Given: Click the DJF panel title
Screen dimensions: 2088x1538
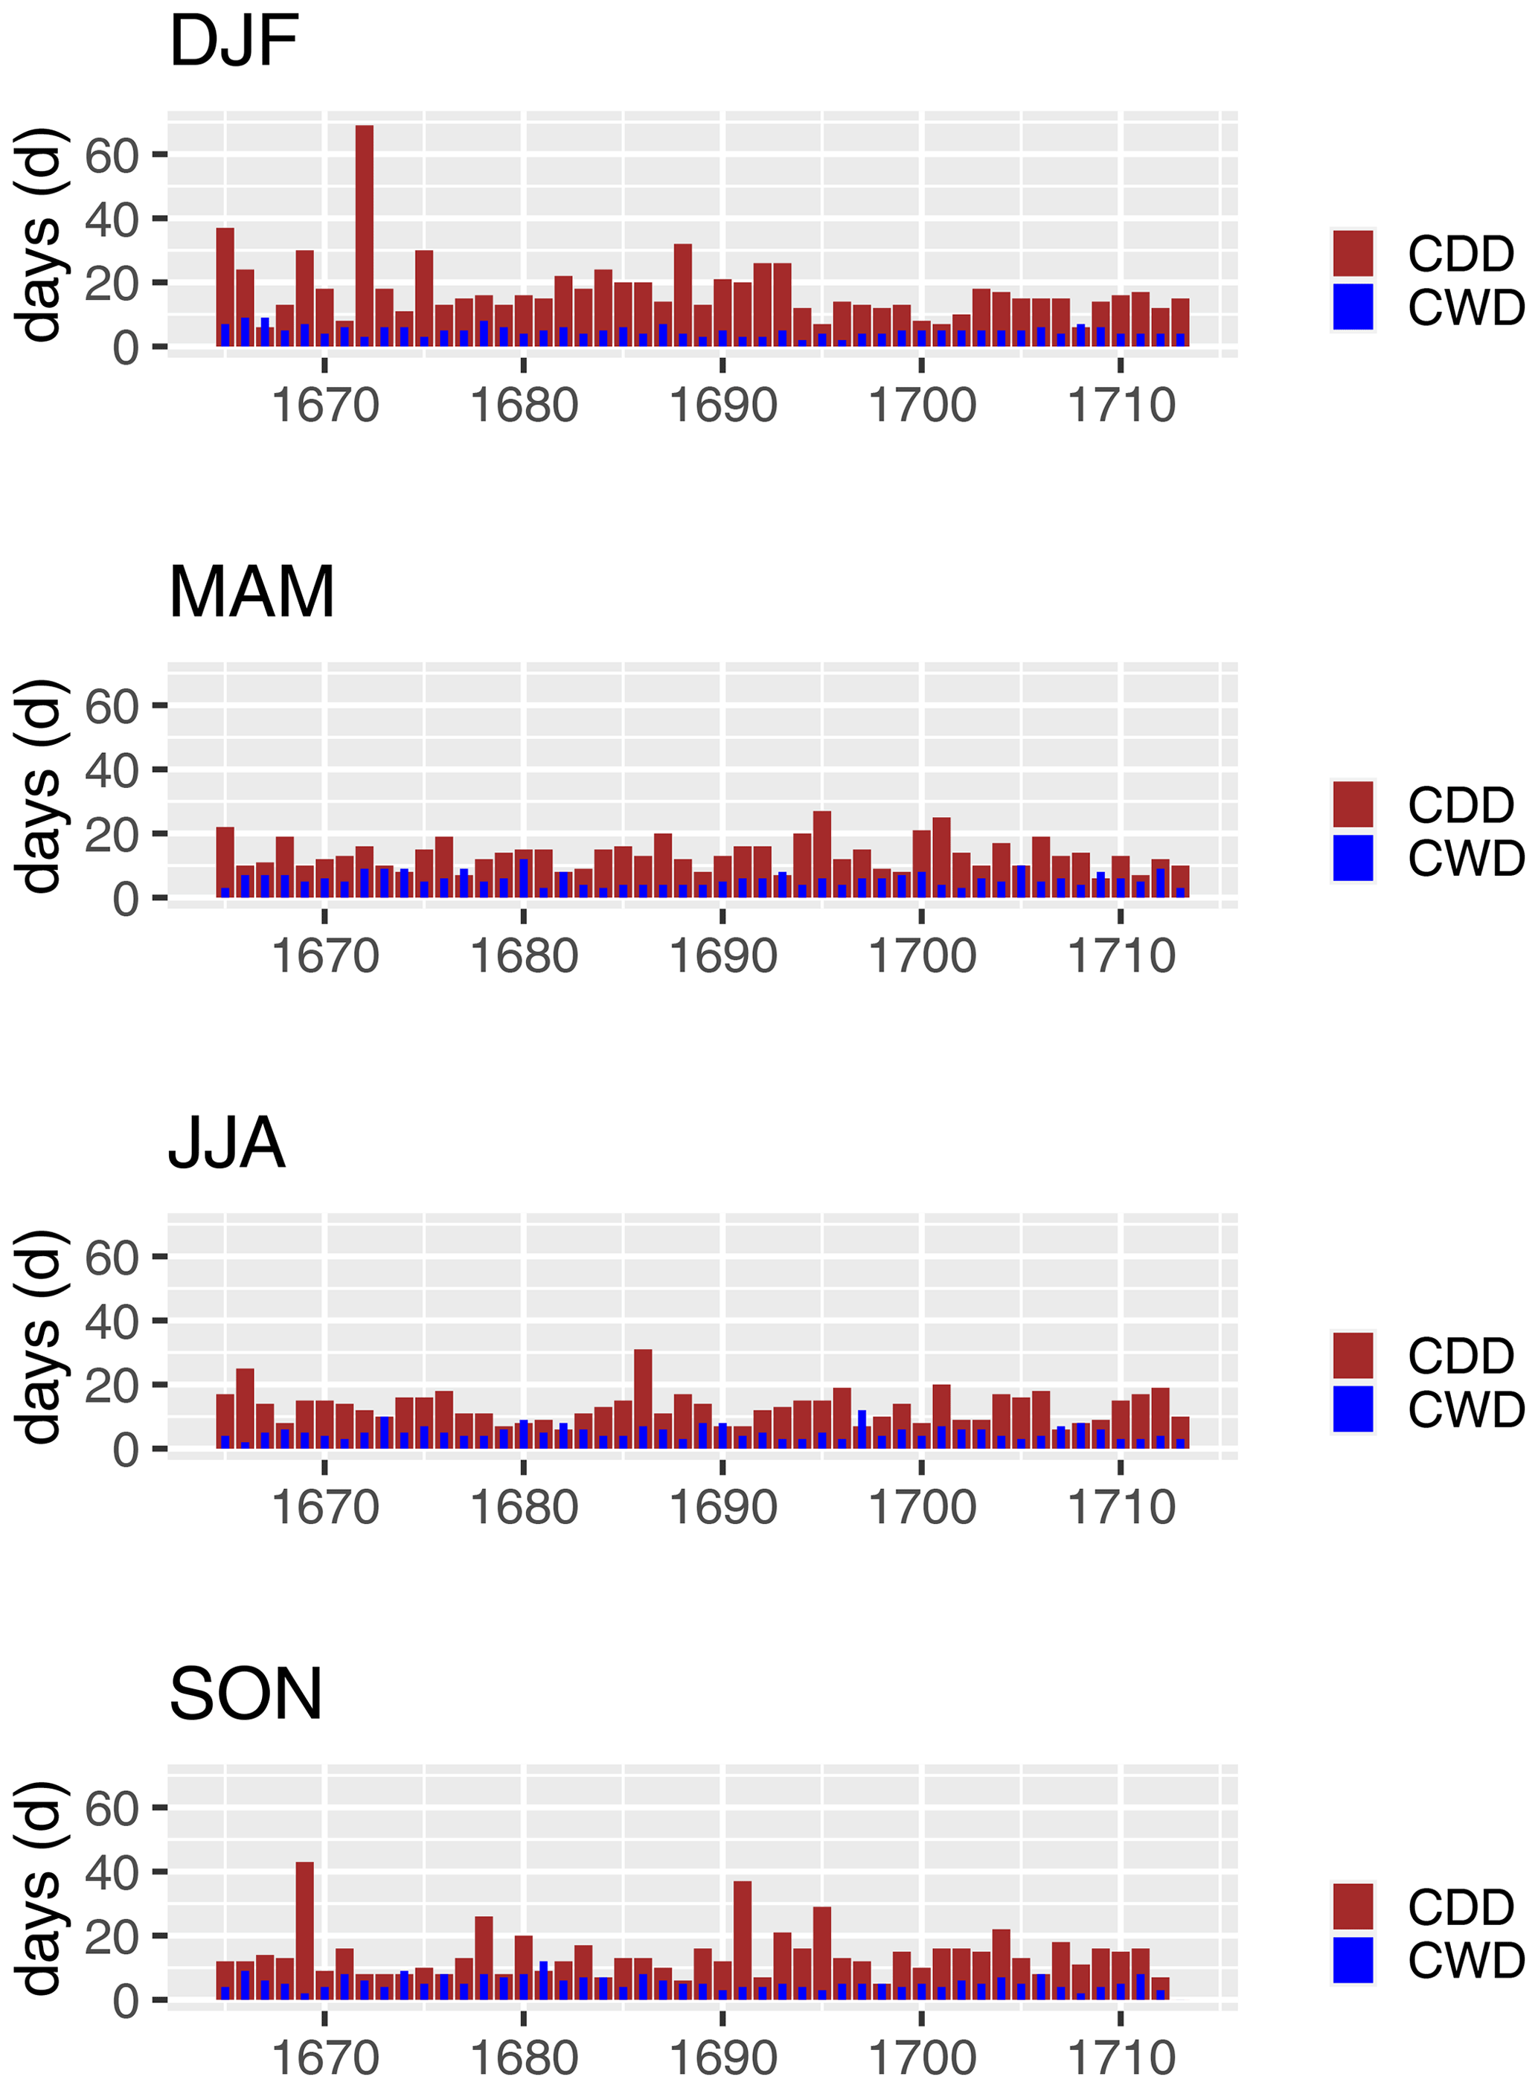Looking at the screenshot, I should click(x=234, y=42).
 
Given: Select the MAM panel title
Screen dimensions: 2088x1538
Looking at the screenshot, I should click(x=251, y=592).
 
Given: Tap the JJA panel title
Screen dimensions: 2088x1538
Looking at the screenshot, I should click(x=226, y=1143).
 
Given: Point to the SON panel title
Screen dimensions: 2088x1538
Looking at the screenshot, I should click(x=246, y=1694).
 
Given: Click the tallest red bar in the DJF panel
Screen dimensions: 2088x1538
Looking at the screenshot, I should click(x=364, y=237).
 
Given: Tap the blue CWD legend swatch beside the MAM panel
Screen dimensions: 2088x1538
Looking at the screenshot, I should click(x=1353, y=858).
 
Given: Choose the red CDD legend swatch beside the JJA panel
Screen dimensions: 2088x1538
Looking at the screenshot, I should click(x=1353, y=1355).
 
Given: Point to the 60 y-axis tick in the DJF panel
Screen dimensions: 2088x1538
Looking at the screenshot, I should click(x=112, y=156).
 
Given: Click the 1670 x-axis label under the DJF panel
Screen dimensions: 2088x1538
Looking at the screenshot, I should click(x=325, y=406).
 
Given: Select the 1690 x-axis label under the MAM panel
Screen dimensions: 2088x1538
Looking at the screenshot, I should click(x=722, y=957).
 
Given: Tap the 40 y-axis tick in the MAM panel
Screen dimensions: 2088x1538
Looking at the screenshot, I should click(x=112, y=771).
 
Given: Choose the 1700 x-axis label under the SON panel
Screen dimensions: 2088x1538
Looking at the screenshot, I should click(x=922, y=2058).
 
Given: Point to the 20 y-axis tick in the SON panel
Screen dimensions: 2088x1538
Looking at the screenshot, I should click(x=112, y=1937).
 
